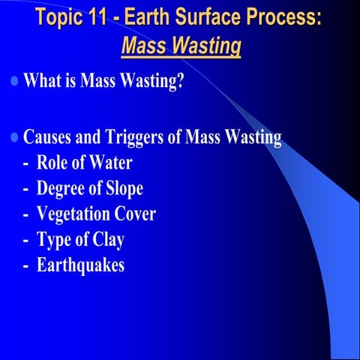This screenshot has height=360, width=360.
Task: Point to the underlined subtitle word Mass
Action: click(143, 47)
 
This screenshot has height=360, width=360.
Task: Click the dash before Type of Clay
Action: click(27, 240)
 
